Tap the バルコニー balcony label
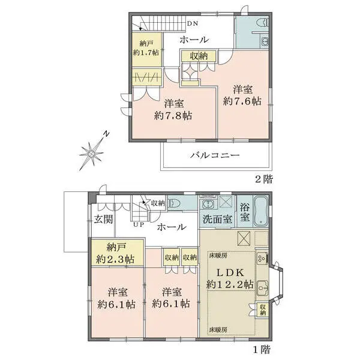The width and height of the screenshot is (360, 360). pos(215,155)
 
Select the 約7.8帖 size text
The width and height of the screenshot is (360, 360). pos(173,115)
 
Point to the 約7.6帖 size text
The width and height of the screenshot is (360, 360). pos(242,101)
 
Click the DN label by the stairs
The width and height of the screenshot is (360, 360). pos(193,23)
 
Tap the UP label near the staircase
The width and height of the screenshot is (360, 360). pos(139,224)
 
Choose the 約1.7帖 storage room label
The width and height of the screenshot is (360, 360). pos(146,52)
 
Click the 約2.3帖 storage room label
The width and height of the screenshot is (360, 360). pos(115,259)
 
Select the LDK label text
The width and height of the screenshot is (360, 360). pos(230,273)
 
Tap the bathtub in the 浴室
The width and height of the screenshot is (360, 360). pos(261,211)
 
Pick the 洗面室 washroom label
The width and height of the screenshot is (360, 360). pos(217,219)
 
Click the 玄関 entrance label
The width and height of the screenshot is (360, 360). pos(104,220)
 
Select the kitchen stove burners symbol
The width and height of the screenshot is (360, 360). pos(262,258)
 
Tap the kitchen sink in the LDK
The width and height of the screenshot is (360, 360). pos(262,287)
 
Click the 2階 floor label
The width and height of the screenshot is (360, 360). pos(264,179)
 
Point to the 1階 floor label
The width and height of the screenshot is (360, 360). pos(262,349)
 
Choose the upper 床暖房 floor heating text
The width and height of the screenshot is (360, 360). pos(218,256)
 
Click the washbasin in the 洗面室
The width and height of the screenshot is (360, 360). pos(208,204)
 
